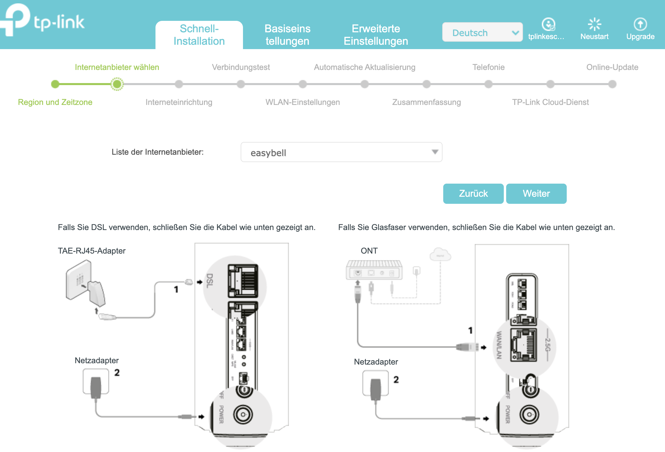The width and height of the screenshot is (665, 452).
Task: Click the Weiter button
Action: (x=536, y=193)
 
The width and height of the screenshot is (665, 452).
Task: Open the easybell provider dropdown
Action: (x=341, y=152)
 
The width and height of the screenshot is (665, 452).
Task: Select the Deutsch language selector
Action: (x=482, y=33)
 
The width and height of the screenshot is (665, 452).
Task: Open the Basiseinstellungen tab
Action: (x=287, y=35)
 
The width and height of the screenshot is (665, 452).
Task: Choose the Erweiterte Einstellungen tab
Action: (x=376, y=35)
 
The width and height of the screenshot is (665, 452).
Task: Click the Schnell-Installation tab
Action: (x=199, y=35)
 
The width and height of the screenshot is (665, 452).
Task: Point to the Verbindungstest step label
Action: (x=241, y=67)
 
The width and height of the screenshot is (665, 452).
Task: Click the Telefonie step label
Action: (x=488, y=67)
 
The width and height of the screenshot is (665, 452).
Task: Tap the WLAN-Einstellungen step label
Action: (x=302, y=102)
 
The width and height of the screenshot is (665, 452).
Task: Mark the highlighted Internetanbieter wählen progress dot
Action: (x=117, y=84)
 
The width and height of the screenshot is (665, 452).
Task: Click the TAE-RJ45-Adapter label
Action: (x=92, y=251)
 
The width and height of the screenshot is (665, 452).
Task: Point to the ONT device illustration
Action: (x=374, y=270)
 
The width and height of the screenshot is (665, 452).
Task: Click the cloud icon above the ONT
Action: (x=440, y=255)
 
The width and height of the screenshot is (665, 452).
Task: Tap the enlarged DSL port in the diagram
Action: (x=243, y=280)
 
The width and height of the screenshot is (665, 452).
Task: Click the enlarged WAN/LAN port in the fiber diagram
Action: (x=523, y=345)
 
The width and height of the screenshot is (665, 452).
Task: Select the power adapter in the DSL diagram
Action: (x=96, y=383)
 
